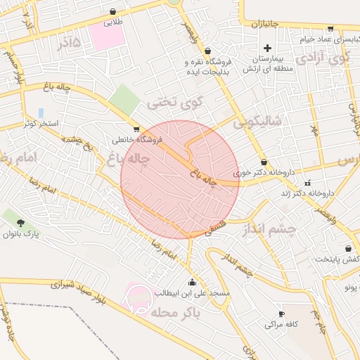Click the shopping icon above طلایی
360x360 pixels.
113,12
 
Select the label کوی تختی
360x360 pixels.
174,103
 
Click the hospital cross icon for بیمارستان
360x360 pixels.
267,47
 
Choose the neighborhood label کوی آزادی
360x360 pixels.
323,58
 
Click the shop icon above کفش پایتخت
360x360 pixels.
348,248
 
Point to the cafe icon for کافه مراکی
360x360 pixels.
281,314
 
